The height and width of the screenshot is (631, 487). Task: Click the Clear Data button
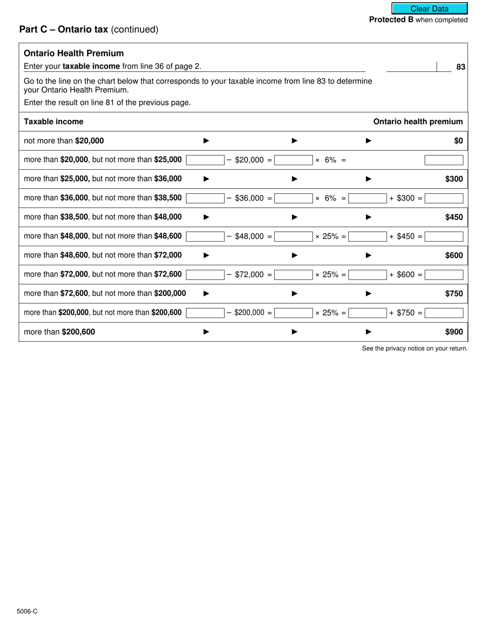click(430, 9)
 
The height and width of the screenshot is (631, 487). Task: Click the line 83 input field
click(411, 67)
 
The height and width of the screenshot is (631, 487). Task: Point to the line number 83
click(460, 67)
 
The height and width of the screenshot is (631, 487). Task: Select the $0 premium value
click(458, 141)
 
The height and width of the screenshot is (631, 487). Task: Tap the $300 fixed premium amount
click(454, 179)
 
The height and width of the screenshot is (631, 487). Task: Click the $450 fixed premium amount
click(454, 217)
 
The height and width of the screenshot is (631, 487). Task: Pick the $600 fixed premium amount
click(454, 255)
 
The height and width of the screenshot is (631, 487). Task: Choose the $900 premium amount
click(454, 332)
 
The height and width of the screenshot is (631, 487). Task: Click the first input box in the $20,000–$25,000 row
click(205, 160)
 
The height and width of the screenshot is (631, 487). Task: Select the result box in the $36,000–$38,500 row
click(444, 198)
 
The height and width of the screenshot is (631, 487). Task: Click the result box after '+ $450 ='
click(444, 236)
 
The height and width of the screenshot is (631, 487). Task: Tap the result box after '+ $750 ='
click(444, 313)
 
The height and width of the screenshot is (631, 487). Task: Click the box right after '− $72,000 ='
click(293, 274)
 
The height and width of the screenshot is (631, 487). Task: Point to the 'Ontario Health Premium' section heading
click(74, 53)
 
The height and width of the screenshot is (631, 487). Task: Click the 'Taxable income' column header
click(54, 122)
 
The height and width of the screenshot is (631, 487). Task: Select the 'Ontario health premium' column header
click(418, 122)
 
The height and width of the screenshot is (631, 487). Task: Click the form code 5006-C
click(27, 612)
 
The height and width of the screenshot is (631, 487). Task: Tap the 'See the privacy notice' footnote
click(415, 349)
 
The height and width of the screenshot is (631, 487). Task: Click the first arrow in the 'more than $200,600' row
click(207, 332)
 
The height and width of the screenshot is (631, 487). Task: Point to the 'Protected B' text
click(391, 20)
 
